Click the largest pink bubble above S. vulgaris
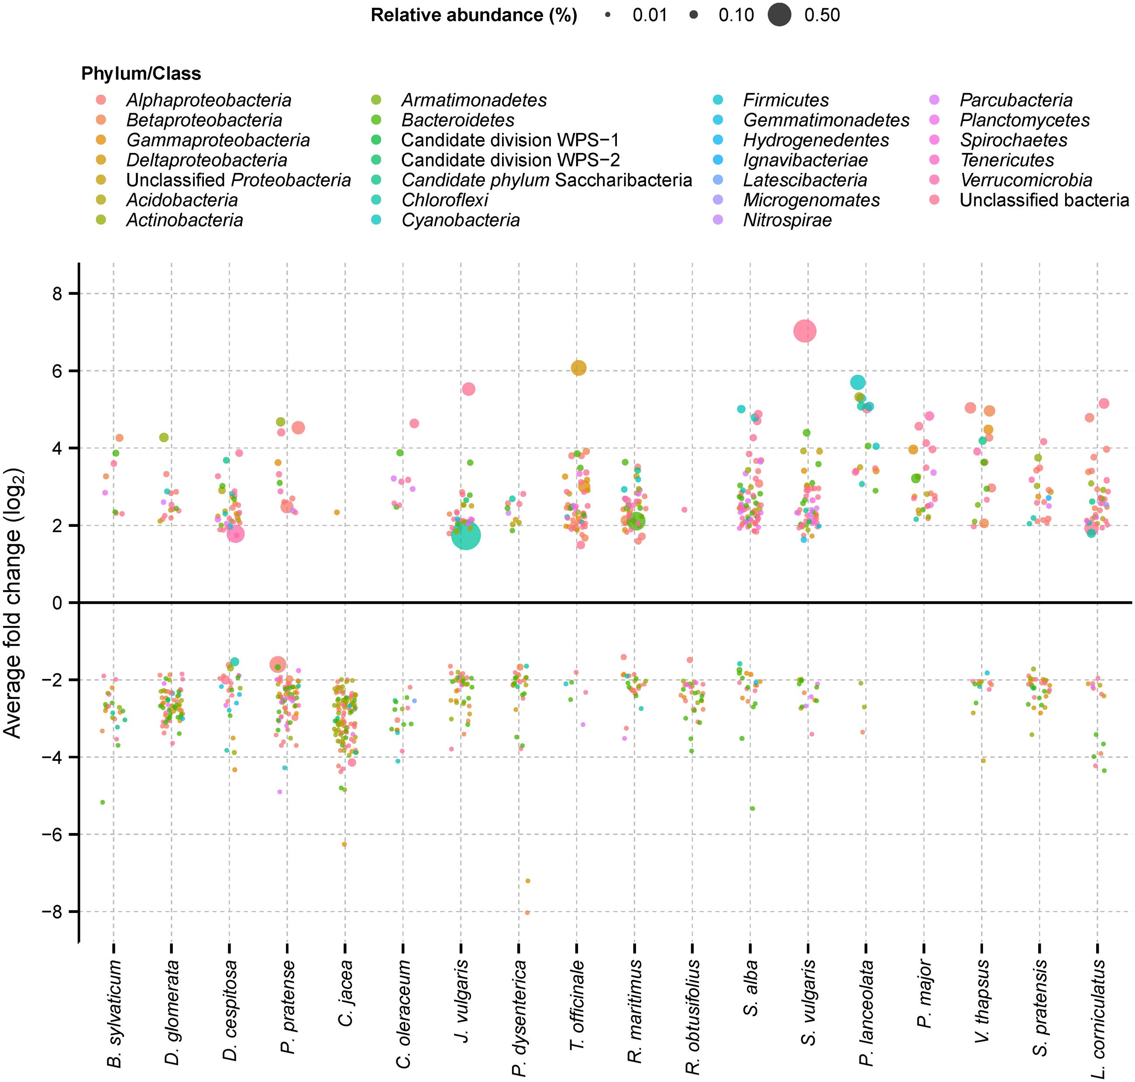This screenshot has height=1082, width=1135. coord(805,331)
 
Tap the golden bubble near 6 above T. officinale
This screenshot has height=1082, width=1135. coord(578,368)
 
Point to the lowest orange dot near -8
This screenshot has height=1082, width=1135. coord(527,913)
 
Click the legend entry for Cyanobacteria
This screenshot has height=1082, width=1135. coord(447,220)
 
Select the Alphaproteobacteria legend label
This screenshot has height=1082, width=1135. coord(209,100)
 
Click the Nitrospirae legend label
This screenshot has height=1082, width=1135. coord(788,220)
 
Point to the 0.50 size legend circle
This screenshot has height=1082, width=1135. coord(779,15)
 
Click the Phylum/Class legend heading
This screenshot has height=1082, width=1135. coord(141,74)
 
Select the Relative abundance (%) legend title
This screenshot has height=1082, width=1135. coord(474,15)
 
